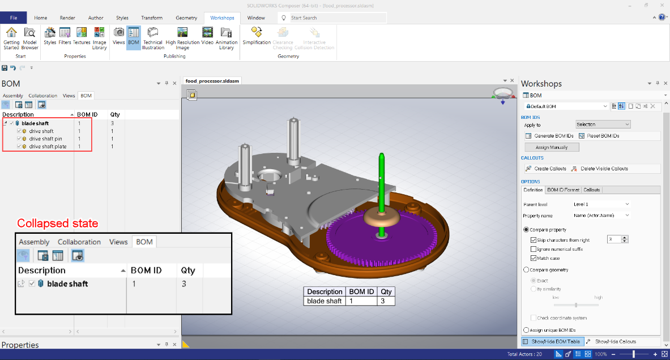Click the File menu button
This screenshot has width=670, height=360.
click(14, 18)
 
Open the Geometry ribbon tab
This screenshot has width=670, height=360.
click(186, 18)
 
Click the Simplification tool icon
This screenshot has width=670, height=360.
click(257, 36)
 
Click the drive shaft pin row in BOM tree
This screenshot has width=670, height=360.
click(46, 139)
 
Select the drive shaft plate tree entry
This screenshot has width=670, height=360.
click(48, 147)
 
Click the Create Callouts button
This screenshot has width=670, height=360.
click(549, 169)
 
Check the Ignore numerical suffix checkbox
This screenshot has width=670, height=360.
click(534, 249)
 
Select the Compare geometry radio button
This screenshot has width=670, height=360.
click(526, 270)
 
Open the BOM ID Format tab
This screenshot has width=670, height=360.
click(563, 190)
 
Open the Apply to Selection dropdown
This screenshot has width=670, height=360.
click(603, 125)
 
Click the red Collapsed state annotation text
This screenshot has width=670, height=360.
click(58, 223)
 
